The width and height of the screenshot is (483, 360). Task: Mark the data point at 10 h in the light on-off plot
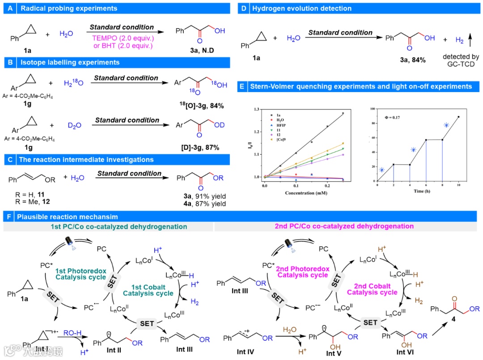click(458, 117)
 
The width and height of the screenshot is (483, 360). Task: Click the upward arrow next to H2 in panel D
click(470, 41)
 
